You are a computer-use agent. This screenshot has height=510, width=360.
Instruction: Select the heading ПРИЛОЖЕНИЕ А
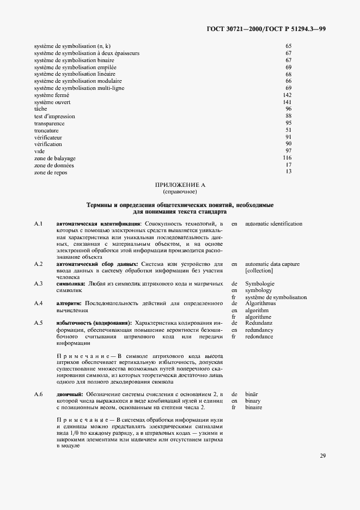pos(180,185)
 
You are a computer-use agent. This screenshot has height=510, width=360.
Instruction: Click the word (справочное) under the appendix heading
pos(180,192)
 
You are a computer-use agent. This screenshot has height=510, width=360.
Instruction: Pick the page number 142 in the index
pos(288,95)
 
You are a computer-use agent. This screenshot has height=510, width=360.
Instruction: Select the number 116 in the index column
pos(288,158)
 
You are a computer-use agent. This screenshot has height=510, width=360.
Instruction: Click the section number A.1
pos(38,224)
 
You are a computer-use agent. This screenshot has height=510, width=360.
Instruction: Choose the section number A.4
pos(38,303)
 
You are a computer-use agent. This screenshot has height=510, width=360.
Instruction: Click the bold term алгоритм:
pos(69,303)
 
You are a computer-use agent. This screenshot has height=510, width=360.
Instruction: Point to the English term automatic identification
pos(274,224)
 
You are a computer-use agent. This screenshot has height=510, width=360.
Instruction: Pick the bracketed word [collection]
pos(259,271)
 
